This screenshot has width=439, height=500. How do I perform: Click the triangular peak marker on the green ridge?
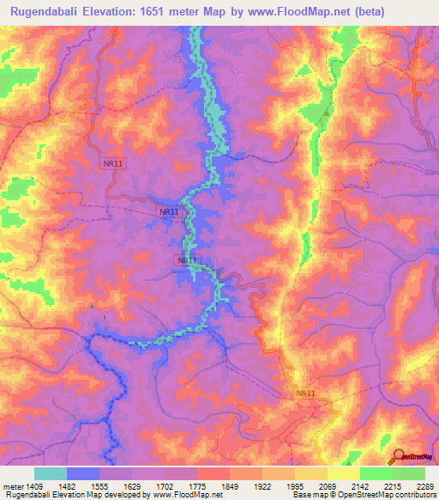click(326, 111)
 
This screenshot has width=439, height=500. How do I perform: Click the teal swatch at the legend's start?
click(50, 473)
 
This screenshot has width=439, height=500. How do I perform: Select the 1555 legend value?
click(99, 486)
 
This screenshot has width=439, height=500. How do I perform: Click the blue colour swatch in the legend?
click(82, 473)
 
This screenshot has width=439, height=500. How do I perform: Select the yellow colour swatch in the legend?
click(343, 473)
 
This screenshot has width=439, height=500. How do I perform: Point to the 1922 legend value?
click(261, 486)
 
